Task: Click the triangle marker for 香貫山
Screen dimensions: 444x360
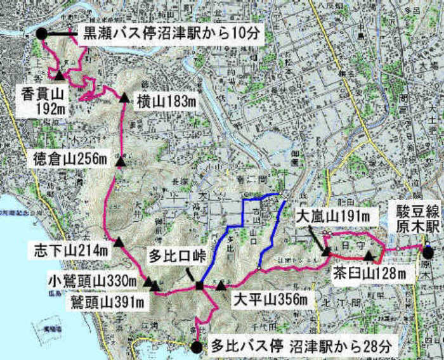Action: click(59, 75)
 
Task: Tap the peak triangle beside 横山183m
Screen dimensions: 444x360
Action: click(124, 98)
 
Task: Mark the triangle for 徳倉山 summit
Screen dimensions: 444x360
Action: click(120, 164)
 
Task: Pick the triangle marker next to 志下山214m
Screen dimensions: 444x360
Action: click(119, 242)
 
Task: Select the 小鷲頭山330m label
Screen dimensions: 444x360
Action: click(94, 279)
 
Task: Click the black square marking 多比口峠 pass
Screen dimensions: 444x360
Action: click(199, 286)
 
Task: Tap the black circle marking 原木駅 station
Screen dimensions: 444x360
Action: click(429, 252)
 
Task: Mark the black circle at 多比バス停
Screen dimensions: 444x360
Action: click(197, 347)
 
